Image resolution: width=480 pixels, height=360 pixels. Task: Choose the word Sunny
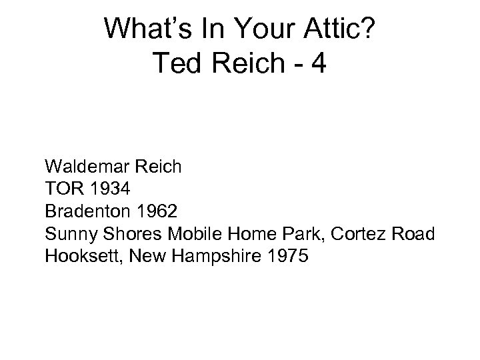click(x=67, y=235)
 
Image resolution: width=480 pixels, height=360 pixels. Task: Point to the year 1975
click(x=285, y=257)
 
